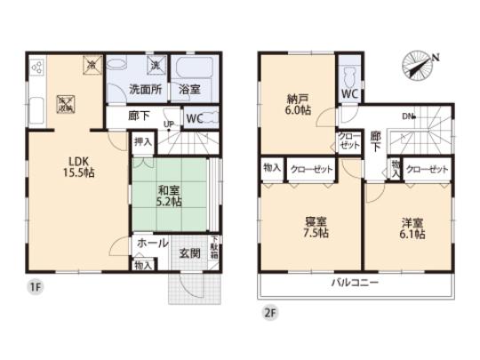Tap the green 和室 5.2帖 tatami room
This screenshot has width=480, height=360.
[x=165, y=196]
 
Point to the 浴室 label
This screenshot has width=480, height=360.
[x=188, y=90]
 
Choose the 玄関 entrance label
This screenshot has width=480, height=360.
[x=188, y=252]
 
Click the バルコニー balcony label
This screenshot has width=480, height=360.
[x=356, y=282]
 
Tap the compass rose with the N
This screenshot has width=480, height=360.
[x=418, y=64]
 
